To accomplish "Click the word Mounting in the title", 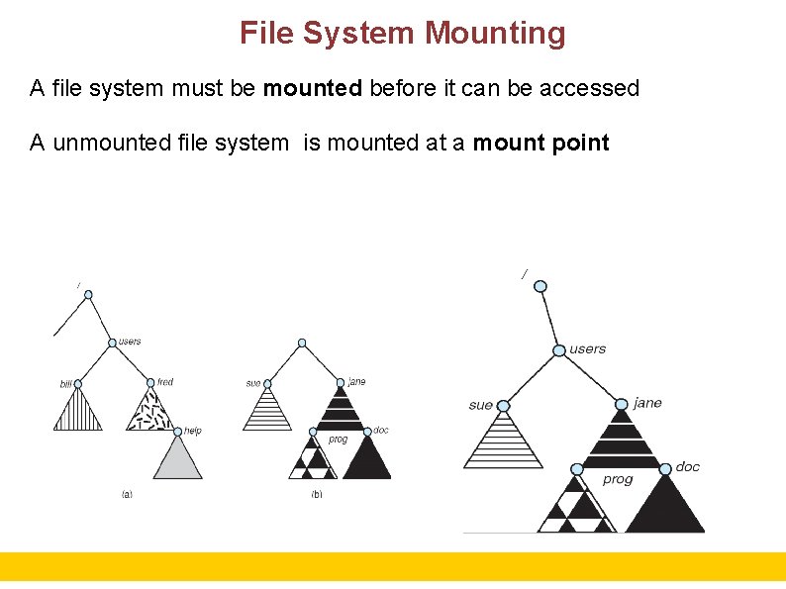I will [x=495, y=34].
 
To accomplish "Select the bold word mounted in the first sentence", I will [x=313, y=88].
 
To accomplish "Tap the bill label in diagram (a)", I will [x=65, y=383].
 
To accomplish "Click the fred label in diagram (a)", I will [x=165, y=381].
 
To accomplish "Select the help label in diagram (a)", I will [x=193, y=431].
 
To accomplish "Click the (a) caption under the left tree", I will [x=127, y=493].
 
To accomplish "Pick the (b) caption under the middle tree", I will [x=317, y=493].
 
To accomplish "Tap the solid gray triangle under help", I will [x=178, y=460].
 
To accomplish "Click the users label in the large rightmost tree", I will [x=588, y=348].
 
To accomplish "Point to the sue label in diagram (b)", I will [x=253, y=383].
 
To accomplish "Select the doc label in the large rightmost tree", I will [x=688, y=466].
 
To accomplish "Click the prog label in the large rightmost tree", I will [x=618, y=479].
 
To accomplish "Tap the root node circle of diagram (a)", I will [x=88, y=295].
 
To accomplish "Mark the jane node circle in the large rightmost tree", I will [x=622, y=404].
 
